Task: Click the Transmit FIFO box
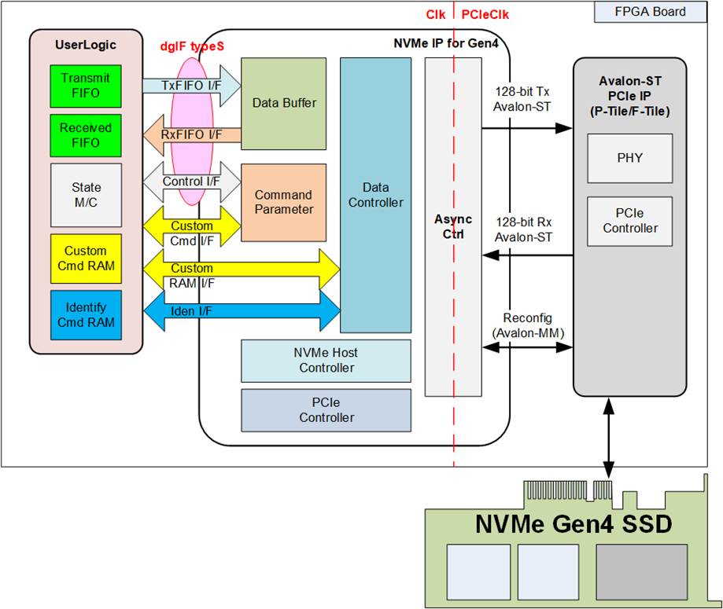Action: click(x=86, y=86)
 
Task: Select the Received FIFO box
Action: click(x=86, y=135)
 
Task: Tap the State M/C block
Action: click(x=86, y=195)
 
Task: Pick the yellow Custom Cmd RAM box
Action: click(x=86, y=259)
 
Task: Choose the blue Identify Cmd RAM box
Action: click(x=86, y=314)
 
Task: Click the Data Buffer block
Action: click(x=283, y=103)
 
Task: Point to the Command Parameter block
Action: click(x=283, y=202)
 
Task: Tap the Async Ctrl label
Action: click(x=452, y=227)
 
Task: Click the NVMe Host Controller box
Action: click(x=326, y=361)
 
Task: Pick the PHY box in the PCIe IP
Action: click(x=629, y=158)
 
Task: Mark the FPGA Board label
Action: click(x=650, y=12)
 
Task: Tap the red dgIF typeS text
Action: click(x=192, y=46)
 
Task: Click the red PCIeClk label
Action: click(x=485, y=14)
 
